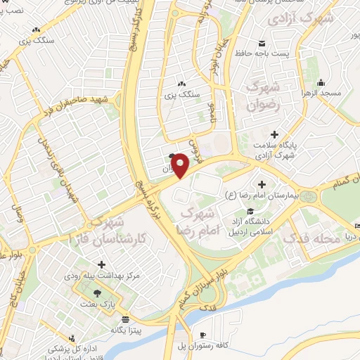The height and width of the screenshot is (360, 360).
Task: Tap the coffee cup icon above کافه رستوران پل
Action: [203, 334]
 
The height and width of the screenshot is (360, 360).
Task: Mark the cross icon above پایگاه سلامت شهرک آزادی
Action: [274, 134]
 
